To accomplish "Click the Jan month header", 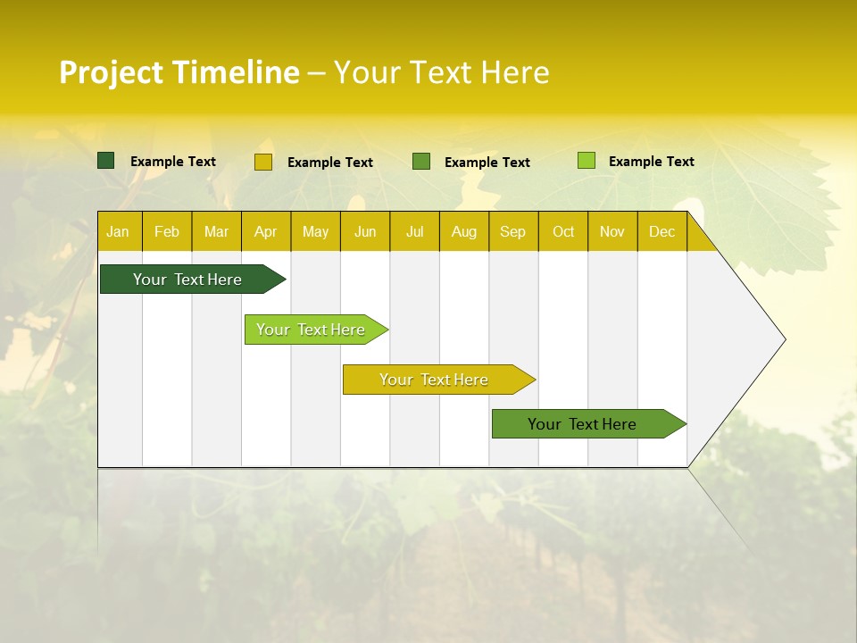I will point(118,232).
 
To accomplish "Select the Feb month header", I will point(167,232).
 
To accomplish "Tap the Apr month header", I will point(265,232).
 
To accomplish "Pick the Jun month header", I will point(365,232).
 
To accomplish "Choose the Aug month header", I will point(463,232).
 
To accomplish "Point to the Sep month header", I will point(512,232).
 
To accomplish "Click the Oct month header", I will point(563,232).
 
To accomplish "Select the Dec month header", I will point(661,232).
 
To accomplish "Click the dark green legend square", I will point(106,161).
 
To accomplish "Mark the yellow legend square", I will point(263,162).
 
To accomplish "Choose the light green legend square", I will point(587,161).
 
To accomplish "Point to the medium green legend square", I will point(421,162).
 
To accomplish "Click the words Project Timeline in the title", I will point(179,72).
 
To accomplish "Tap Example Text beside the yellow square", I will point(330,163).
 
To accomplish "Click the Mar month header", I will point(216,232).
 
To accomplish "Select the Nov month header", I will point(612,232).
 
